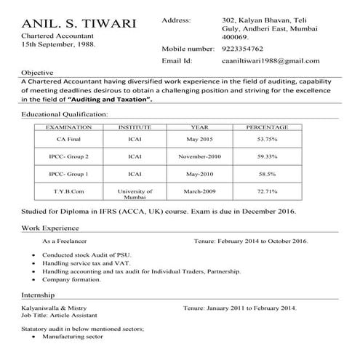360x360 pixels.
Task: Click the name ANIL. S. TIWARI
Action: coord(79,23)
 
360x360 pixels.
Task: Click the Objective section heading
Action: coord(37,73)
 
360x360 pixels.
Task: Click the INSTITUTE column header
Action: coord(134,127)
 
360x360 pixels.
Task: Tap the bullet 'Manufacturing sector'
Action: coord(74,338)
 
